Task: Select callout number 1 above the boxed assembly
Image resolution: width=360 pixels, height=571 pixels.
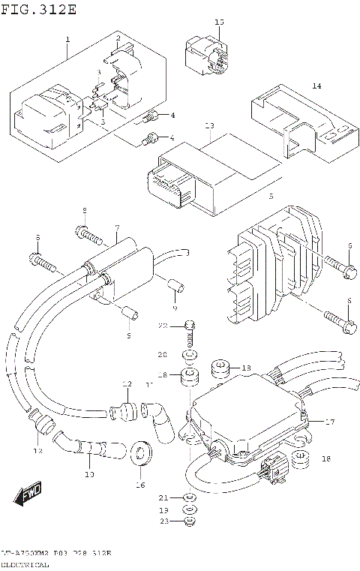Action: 67,39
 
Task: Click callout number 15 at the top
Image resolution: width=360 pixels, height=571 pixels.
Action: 219,23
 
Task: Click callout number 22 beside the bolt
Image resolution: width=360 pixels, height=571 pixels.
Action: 162,326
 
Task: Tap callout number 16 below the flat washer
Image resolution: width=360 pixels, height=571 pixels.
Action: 139,485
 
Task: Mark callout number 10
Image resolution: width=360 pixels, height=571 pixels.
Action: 88,474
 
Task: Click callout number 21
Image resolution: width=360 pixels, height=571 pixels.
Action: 163,498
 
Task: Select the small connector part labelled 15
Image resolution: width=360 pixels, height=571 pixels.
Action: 205,55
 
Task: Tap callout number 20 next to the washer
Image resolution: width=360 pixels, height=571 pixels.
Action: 162,354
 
